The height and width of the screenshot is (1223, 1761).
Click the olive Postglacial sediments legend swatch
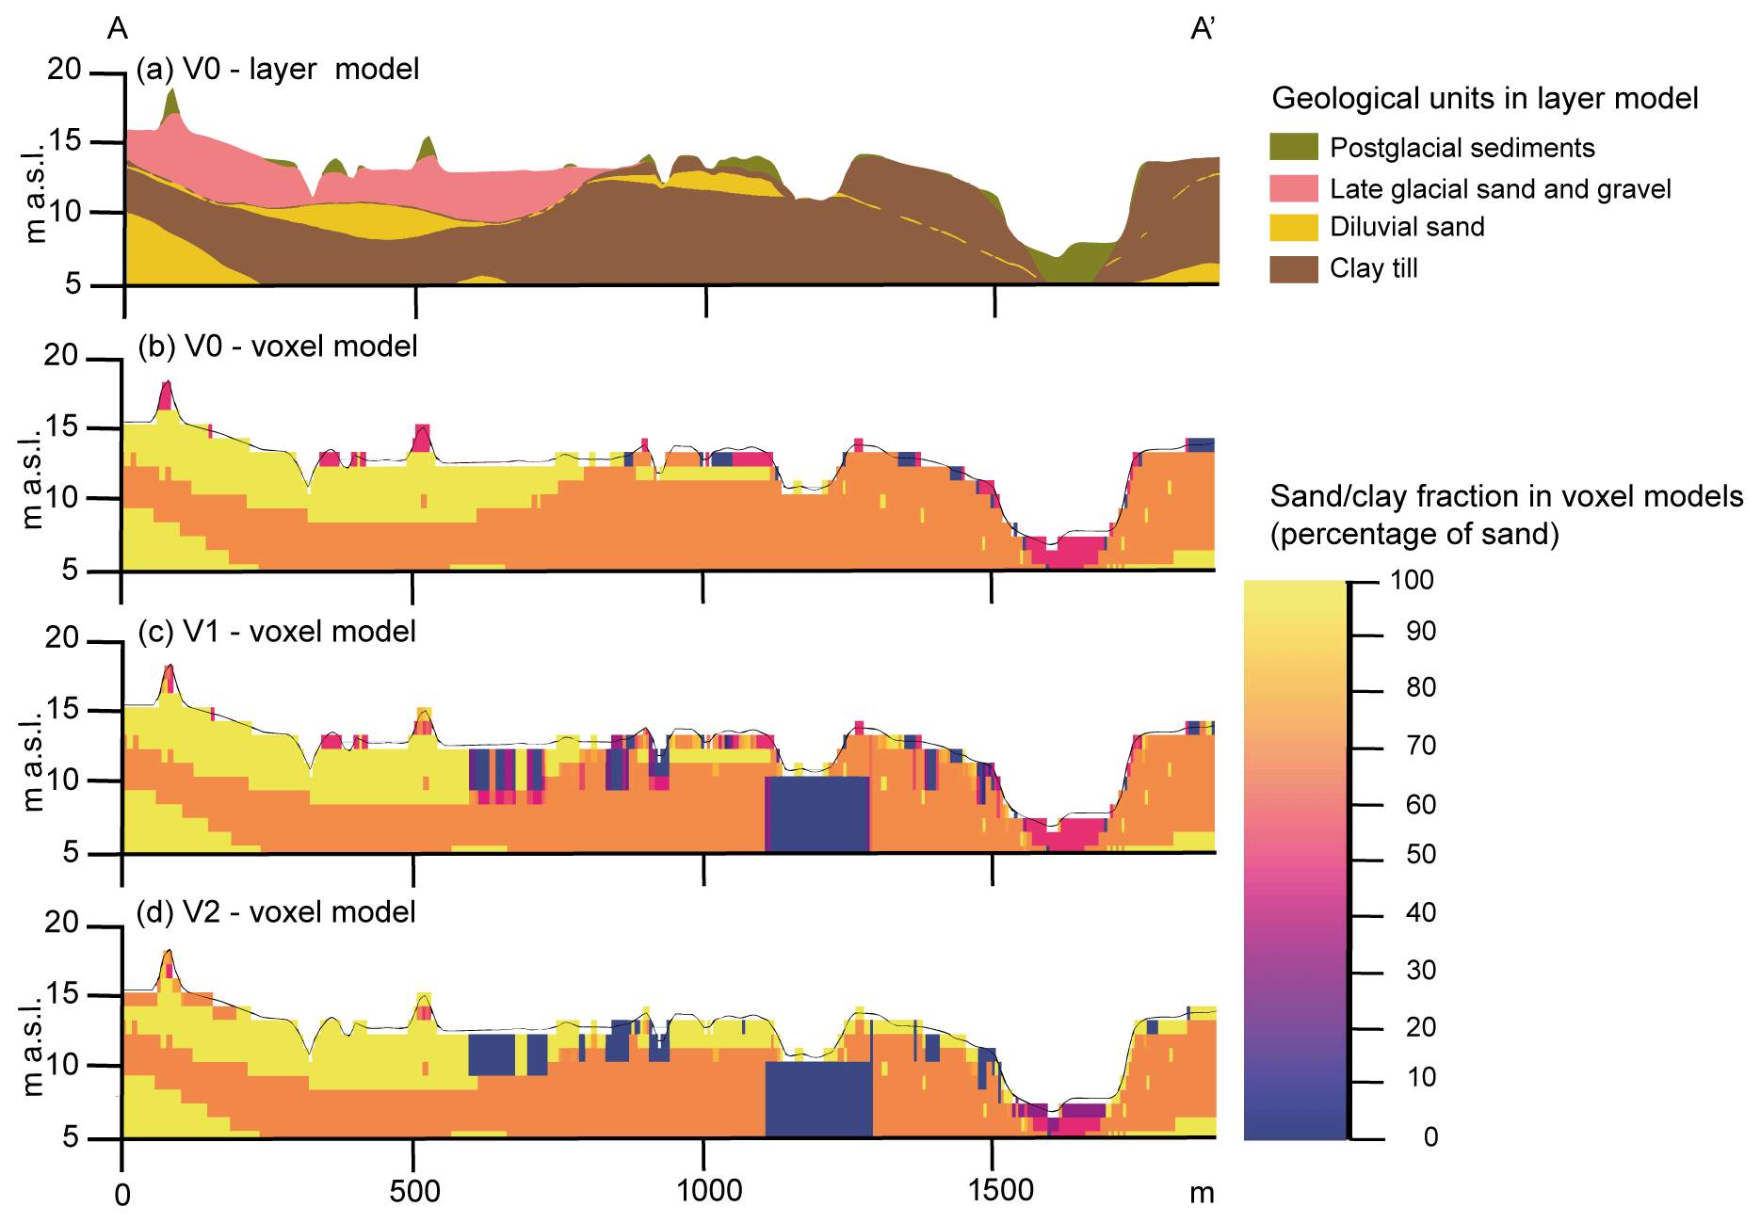[x=1293, y=147]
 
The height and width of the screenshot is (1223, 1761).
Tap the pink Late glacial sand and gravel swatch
[x=1293, y=188]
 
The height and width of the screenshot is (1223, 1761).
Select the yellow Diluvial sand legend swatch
[x=1293, y=227]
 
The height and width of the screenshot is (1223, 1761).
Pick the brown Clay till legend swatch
[x=1293, y=268]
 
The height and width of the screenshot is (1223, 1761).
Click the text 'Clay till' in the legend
[x=1373, y=268]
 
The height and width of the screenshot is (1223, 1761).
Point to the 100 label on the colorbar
[x=1412, y=580]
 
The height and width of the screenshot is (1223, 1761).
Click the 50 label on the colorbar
[x=1420, y=855]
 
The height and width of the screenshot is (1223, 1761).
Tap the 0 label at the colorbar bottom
[x=1430, y=1137]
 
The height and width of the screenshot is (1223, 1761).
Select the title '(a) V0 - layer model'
[x=278, y=70]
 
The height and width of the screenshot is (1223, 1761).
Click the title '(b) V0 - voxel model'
[x=278, y=346]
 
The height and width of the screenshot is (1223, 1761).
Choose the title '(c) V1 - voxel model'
[x=277, y=631]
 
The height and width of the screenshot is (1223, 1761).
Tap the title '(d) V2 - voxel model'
[x=276, y=911]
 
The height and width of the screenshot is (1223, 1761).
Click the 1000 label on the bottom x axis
[x=709, y=1191]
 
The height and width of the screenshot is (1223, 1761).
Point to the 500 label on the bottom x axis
[x=414, y=1192]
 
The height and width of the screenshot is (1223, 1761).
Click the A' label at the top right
[x=1203, y=29]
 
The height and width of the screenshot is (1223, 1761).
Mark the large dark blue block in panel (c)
[x=817, y=813]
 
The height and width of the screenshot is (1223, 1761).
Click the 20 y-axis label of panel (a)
[x=65, y=69]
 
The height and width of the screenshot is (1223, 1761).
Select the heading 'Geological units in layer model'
[x=1484, y=98]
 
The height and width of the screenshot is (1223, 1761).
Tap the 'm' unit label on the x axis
[x=1202, y=1194]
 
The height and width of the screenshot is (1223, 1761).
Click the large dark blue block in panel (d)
[x=817, y=1098]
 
